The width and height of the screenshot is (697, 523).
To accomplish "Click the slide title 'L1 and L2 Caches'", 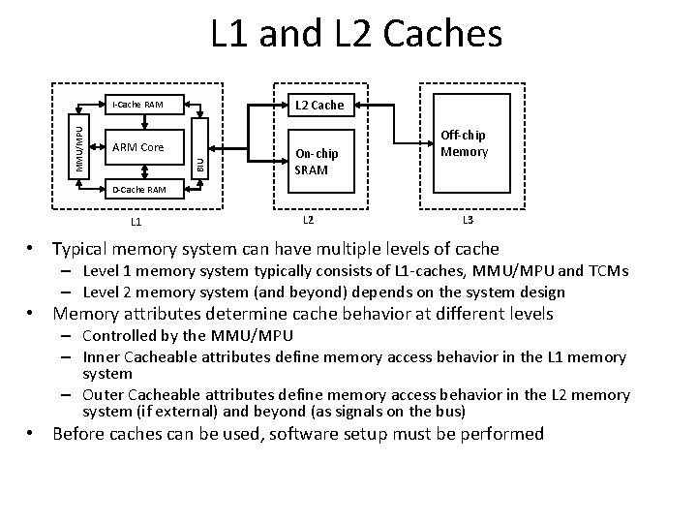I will pyautogui.click(x=357, y=35).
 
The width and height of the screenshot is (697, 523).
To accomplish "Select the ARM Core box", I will pyautogui.click(x=138, y=147).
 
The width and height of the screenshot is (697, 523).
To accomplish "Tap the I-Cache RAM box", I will pyautogui.click(x=138, y=104).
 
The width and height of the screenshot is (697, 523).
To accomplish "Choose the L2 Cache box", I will pyautogui.click(x=316, y=104).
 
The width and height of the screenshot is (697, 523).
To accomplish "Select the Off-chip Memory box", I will pyautogui.click(x=465, y=145).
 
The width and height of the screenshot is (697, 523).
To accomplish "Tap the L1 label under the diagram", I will pyautogui.click(x=138, y=222).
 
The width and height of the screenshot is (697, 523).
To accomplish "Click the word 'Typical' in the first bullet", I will pyautogui.click(x=82, y=249).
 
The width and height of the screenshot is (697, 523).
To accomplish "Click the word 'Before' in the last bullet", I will pyautogui.click(x=81, y=433).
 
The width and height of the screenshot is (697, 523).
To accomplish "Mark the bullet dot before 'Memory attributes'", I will pyautogui.click(x=34, y=314).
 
